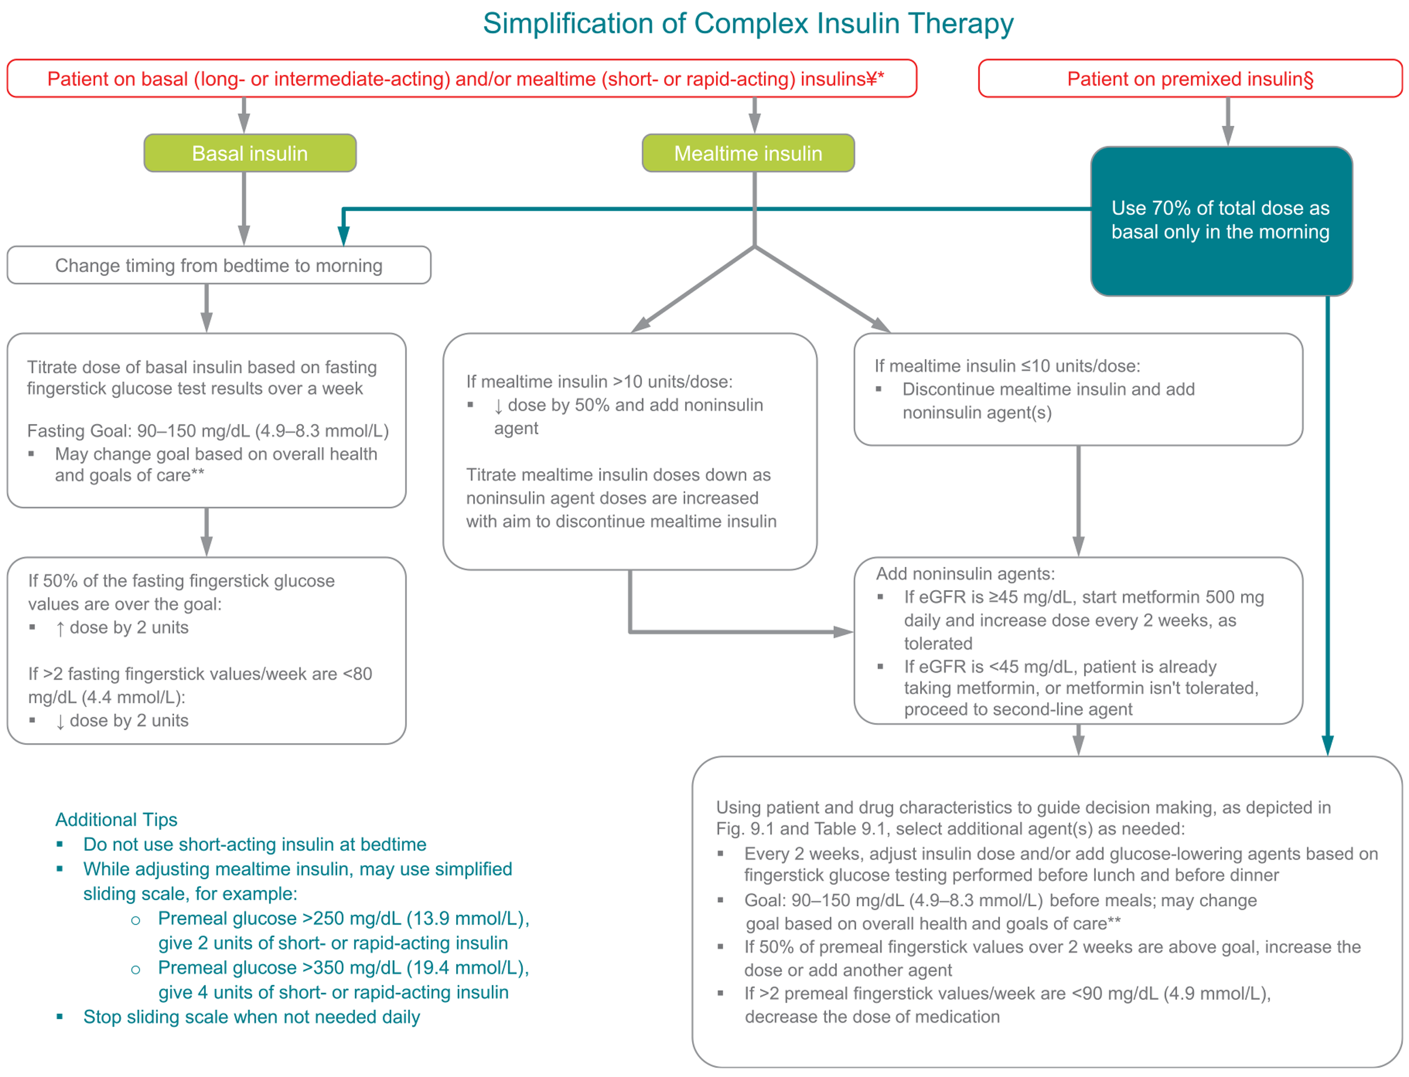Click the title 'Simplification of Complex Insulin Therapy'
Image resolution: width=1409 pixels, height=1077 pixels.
(747, 24)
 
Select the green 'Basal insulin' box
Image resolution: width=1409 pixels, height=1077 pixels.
(250, 153)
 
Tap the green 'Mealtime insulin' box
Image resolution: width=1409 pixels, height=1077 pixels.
(747, 153)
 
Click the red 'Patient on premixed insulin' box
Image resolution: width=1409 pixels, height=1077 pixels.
(1189, 79)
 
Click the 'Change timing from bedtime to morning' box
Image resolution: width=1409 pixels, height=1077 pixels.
(219, 265)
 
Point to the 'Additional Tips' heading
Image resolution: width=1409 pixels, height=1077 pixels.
(116, 819)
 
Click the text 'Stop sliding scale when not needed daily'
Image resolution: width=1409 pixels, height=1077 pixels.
(251, 1017)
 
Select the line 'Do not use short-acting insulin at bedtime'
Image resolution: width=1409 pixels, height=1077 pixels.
(255, 844)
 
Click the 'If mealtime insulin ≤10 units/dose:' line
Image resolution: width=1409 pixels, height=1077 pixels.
(1007, 366)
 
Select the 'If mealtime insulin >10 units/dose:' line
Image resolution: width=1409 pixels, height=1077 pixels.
(599, 382)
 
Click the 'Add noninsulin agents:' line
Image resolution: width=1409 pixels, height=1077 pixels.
(965, 574)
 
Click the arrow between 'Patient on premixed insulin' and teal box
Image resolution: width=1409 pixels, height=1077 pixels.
(1227, 122)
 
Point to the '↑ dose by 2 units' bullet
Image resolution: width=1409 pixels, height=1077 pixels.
(122, 627)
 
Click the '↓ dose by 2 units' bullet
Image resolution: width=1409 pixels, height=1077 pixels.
(122, 720)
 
